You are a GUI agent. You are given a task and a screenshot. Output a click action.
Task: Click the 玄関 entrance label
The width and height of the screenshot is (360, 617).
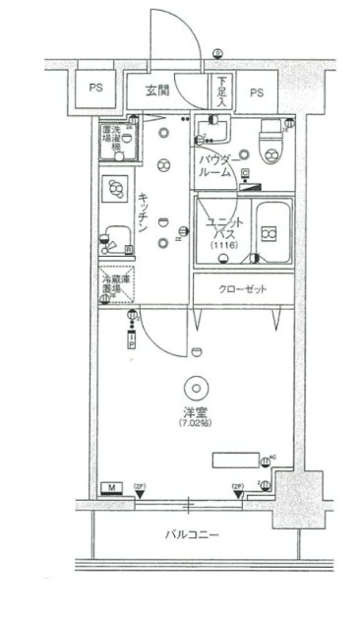(157, 92)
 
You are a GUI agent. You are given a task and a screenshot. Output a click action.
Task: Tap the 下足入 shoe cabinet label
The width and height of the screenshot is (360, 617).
(222, 92)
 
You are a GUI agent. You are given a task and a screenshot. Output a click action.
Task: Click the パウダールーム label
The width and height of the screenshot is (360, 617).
(215, 164)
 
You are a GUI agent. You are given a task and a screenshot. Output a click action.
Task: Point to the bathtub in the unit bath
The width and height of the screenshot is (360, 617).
(270, 233)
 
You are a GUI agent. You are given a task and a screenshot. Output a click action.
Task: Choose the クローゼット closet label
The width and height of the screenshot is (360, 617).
(240, 290)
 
